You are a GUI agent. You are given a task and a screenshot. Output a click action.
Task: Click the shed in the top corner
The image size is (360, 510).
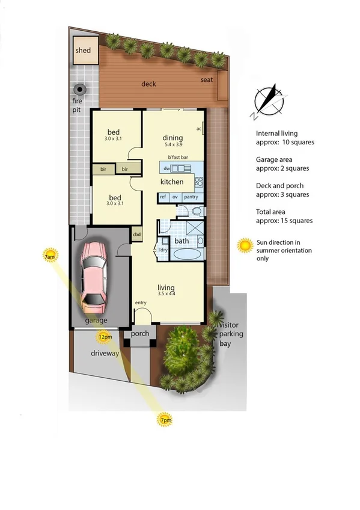coord(83,50)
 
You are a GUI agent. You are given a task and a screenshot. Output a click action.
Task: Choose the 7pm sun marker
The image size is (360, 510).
coord(165,420)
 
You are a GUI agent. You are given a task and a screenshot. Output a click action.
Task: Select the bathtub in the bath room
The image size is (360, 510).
coord(188,254)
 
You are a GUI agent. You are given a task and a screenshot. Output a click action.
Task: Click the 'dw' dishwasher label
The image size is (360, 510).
coord(166,168)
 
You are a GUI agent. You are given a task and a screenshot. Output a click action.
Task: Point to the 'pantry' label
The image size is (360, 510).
coord(191,197)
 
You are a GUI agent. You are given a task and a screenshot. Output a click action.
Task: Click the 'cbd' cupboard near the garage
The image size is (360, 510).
coord(137,235)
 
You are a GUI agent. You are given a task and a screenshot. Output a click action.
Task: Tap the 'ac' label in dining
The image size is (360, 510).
coord(198,129)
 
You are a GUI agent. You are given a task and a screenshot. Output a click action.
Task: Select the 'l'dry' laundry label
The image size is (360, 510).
coord(162,250)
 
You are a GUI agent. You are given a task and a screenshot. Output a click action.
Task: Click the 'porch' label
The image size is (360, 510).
coord(140,334)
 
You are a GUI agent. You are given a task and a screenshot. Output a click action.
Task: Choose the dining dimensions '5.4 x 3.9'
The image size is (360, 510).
coord(174,145)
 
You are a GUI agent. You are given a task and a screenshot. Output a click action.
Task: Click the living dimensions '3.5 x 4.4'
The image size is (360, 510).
coord(166,295)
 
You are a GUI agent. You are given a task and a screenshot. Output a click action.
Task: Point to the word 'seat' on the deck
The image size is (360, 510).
coord(206,80)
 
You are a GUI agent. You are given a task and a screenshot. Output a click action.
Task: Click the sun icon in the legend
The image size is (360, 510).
coord(245,245)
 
